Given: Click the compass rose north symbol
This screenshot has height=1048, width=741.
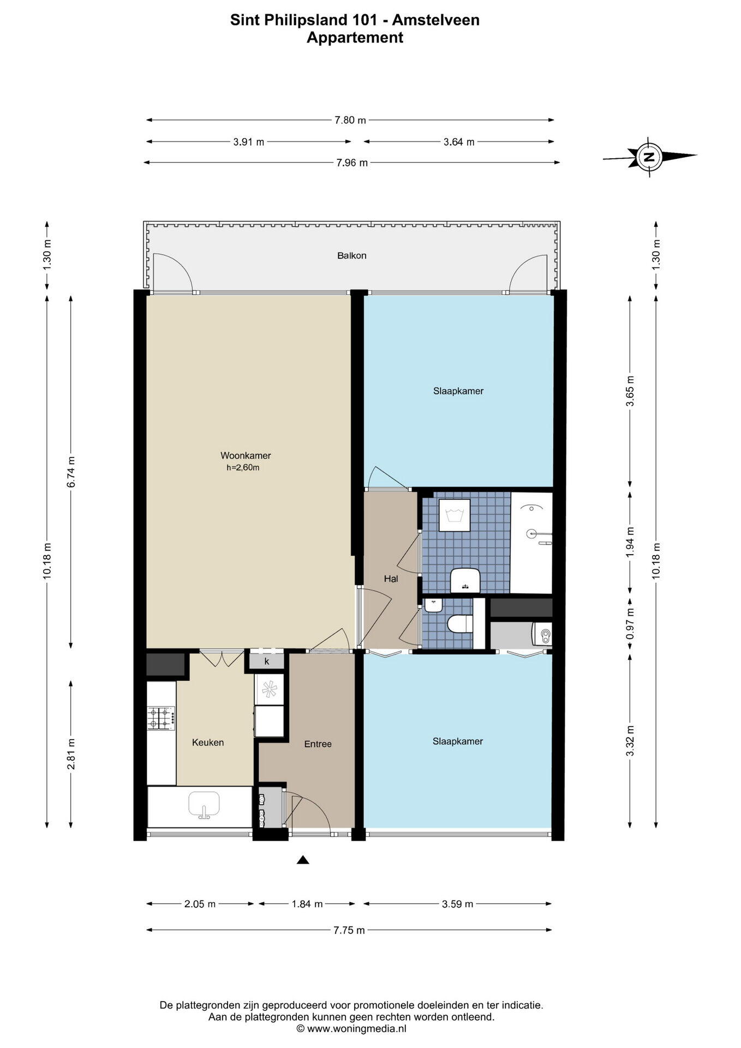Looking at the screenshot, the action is (x=649, y=157).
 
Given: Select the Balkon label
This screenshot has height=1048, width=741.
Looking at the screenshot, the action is (x=352, y=255).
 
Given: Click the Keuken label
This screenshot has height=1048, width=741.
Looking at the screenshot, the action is (x=208, y=742).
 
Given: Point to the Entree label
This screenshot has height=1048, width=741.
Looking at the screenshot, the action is (x=318, y=743).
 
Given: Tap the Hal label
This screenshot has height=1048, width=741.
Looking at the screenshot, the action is (x=391, y=579).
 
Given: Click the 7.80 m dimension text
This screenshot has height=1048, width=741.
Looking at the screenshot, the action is (x=350, y=120).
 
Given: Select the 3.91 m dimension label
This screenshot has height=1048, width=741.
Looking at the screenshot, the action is (x=249, y=142).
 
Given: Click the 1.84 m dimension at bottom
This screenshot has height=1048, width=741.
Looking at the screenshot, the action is (x=307, y=904).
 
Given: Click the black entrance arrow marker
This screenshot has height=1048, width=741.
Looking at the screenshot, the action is (x=303, y=861).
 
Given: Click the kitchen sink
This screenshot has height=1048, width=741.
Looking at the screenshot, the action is (x=204, y=805).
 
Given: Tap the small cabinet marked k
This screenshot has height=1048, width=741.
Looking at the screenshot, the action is (x=267, y=661).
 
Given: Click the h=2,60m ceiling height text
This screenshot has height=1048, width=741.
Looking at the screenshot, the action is (x=243, y=467).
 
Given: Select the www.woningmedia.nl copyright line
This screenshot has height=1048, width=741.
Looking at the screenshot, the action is (x=351, y=1029).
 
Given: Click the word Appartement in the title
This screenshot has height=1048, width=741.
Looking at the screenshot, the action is (x=355, y=38).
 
